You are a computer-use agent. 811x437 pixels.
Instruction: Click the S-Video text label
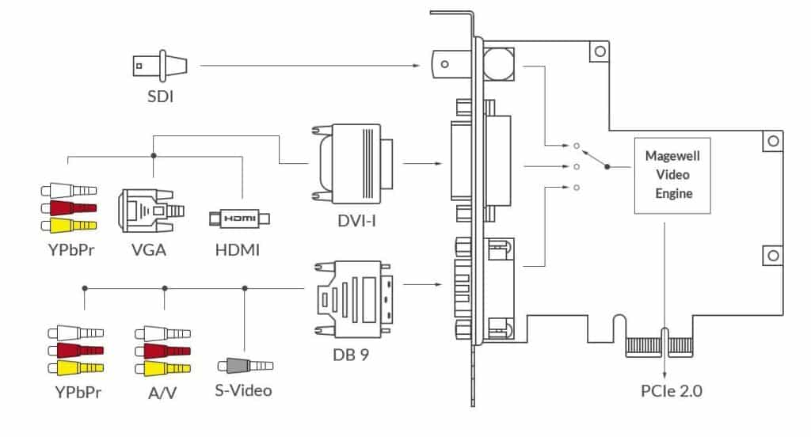[x=243, y=390]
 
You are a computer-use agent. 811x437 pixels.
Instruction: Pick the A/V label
[x=163, y=390]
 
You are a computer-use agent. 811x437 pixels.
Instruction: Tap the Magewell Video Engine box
[x=668, y=176]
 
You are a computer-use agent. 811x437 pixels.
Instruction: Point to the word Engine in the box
[x=669, y=194]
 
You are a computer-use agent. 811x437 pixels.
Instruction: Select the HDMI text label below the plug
[x=238, y=251]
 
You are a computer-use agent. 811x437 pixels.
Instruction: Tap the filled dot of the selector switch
[x=607, y=167]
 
